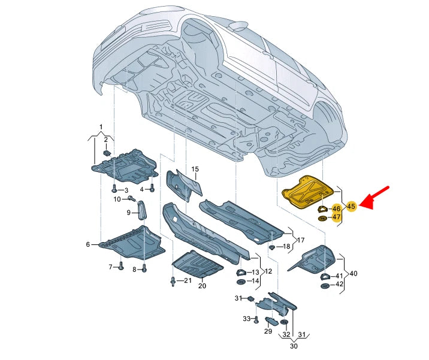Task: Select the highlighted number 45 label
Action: (x=351, y=206)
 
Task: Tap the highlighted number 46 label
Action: (x=336, y=208)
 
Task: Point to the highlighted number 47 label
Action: (x=336, y=217)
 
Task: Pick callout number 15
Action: (x=194, y=170)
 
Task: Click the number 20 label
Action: (x=202, y=286)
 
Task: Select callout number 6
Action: (x=88, y=244)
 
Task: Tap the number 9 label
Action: (x=128, y=213)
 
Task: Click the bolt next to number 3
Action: (x=114, y=189)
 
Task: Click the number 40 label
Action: (x=354, y=273)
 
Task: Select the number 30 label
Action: (x=294, y=346)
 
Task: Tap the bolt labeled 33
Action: (x=256, y=319)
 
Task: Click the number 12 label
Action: (x=268, y=271)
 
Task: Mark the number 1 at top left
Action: (x=101, y=127)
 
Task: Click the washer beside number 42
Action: (x=325, y=286)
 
